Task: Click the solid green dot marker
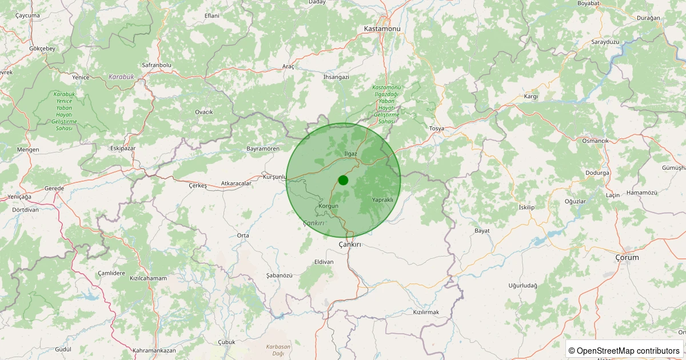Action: pos(343,180)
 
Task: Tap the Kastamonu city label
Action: pos(382,28)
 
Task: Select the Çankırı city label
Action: pos(350,244)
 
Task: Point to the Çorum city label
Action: pos(627,257)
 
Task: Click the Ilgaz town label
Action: pos(350,154)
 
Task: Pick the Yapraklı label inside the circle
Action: pos(382,200)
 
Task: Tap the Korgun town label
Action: pos(329,206)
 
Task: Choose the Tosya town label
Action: pos(436,129)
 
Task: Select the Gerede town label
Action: pos(55,188)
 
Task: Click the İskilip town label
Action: pos(526,207)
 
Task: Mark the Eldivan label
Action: pos(324,262)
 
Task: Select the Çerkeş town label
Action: pos(198,185)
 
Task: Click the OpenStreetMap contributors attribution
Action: pos(624,350)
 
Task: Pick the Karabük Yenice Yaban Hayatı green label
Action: pos(64,111)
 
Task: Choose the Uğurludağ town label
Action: pos(523,285)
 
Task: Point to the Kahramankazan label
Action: pos(154,350)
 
